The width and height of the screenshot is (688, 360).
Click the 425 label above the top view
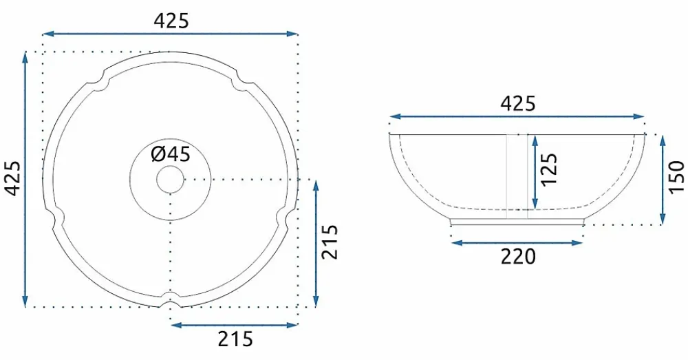[x=171, y=21]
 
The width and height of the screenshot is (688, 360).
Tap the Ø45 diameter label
[x=171, y=154]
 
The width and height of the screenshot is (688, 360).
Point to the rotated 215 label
[x=330, y=242]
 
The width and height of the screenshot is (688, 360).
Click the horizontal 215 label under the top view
[x=235, y=339]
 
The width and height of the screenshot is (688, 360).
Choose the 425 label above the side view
[x=518, y=104]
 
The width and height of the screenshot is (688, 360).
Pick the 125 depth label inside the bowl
[x=549, y=169]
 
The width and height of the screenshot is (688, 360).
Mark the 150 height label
[x=677, y=176]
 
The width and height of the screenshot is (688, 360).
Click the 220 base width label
[x=518, y=257]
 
